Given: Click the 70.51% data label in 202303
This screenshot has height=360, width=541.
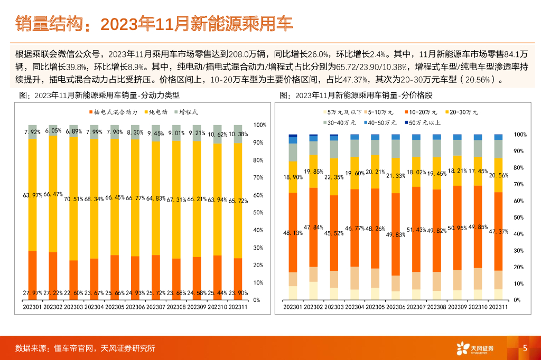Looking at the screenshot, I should coord(73,199).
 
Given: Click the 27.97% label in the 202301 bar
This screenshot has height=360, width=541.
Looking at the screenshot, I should coord(33,293).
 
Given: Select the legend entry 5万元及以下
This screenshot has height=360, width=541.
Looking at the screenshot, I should coord(343,112).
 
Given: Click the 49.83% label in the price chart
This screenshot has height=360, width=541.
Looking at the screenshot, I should coord(396,234).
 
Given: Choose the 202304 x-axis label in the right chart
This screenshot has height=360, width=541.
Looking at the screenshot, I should coord(355,307).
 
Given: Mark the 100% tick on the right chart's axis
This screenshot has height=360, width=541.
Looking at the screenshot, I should coord(521,135).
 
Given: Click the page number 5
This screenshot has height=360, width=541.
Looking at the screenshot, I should coord(525,348).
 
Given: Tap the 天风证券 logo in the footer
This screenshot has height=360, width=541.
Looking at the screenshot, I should coord(475,348).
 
